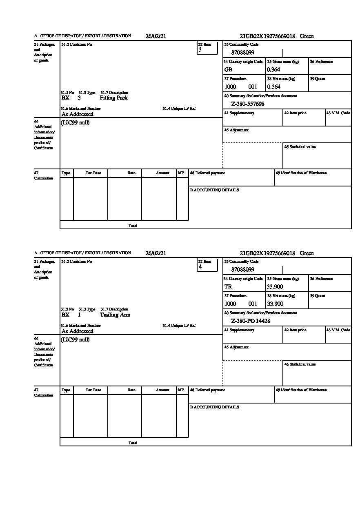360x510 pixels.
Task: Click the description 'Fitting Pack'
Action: (x=113, y=98)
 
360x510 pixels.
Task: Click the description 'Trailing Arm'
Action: (x=115, y=315)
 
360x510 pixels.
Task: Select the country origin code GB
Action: (x=228, y=70)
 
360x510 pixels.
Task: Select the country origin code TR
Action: (x=228, y=287)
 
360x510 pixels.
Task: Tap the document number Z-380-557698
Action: (x=248, y=104)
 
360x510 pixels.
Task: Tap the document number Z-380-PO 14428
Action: (x=250, y=321)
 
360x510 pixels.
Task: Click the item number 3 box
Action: (x=207, y=48)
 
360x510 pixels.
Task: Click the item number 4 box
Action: (x=207, y=265)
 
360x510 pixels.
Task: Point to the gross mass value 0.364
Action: (x=273, y=70)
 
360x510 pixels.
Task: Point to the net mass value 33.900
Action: (x=275, y=304)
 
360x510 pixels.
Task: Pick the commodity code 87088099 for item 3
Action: (x=242, y=53)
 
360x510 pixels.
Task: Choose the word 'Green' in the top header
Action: (x=307, y=36)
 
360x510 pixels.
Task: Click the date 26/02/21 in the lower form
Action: (x=156, y=253)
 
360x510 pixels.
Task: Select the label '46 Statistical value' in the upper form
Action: (x=300, y=147)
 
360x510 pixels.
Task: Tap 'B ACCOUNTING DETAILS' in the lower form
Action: (x=214, y=407)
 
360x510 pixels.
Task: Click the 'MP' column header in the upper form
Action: (x=181, y=173)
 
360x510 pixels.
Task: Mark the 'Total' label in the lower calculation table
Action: (x=133, y=443)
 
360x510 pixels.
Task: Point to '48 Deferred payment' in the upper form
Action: (x=207, y=173)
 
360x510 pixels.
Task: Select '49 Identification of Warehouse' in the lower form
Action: (x=301, y=390)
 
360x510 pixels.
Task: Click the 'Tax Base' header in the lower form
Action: (x=93, y=390)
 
